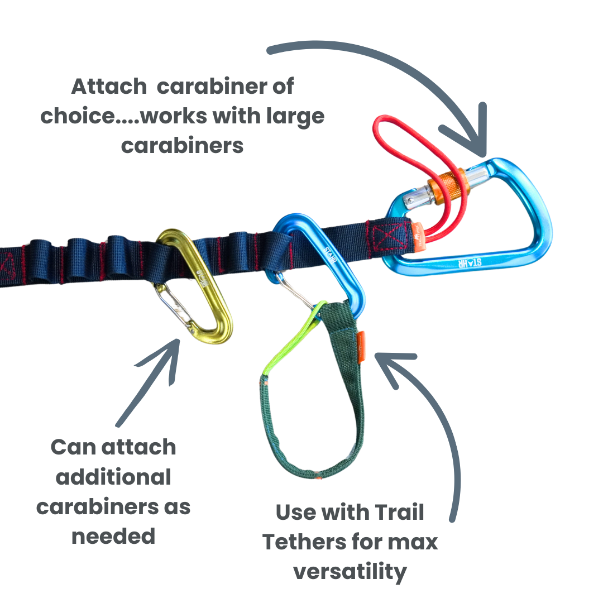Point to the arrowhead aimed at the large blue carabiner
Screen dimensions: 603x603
click(475, 140)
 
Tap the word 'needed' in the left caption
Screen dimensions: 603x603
click(113, 536)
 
